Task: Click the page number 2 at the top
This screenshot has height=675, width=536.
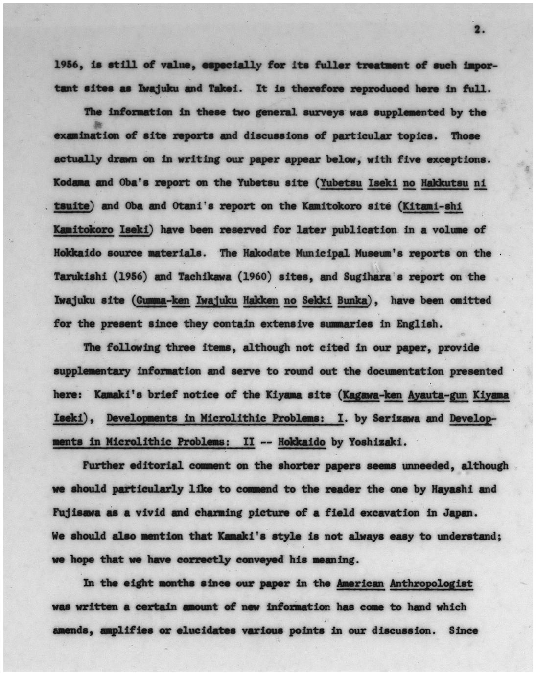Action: click(479, 30)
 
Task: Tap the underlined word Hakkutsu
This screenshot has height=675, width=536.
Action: click(444, 183)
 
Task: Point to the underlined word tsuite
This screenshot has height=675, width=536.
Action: click(72, 206)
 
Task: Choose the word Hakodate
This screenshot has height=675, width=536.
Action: click(263, 253)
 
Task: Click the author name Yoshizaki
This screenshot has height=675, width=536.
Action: click(377, 442)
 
